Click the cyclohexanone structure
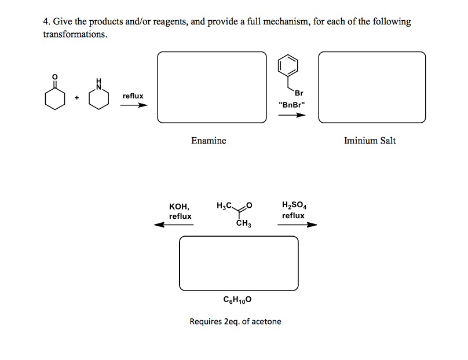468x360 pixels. tap(55, 97)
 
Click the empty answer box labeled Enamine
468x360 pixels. tap(213, 87)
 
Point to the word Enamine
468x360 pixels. tap(209, 141)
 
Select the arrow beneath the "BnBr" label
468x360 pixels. tap(291, 115)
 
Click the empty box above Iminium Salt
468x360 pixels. tap(372, 87)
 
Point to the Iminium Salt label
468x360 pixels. tap(370, 141)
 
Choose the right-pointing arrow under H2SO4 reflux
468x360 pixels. tap(297, 225)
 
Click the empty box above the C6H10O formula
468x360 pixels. tap(239, 263)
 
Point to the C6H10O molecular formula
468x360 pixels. tap(237, 300)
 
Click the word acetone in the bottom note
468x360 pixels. tap(267, 321)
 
